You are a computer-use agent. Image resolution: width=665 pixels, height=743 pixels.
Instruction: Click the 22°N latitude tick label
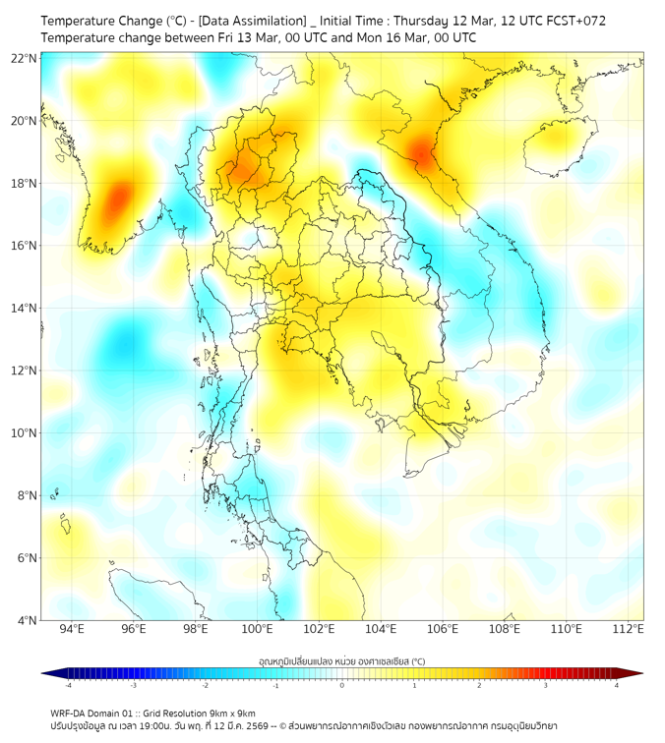click(24, 58)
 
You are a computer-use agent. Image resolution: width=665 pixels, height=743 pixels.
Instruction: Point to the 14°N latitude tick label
click(24, 308)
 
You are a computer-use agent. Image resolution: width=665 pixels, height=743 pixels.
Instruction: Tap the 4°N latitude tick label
click(27, 620)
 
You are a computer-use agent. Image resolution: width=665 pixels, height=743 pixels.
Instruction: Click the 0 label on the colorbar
click(342, 685)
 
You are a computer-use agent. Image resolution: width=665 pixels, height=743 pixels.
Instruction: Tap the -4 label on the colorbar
click(67, 685)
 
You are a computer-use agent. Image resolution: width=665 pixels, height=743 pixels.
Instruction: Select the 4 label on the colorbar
click(617, 685)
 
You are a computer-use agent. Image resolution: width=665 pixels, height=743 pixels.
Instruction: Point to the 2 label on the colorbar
click(480, 685)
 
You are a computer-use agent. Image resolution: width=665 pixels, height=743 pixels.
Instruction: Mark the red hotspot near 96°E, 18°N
click(117, 197)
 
